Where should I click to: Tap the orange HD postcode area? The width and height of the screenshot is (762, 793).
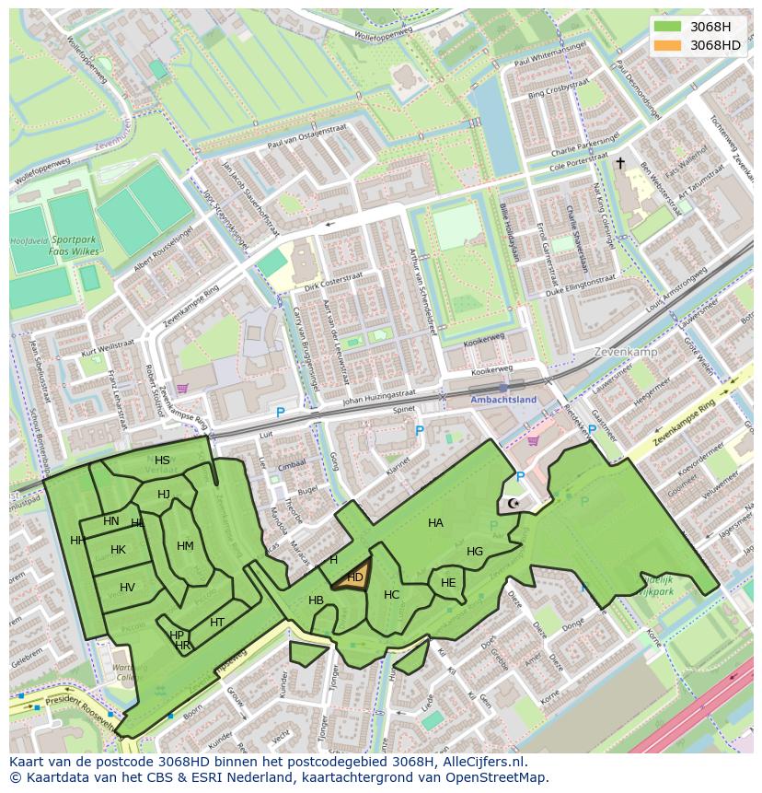[x=353, y=577]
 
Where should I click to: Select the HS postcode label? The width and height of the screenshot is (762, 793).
[x=162, y=461]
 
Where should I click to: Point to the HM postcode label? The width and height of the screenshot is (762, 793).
[x=185, y=546]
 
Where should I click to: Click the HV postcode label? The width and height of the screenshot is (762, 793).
[x=127, y=588]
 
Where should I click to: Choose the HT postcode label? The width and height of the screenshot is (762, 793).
[x=217, y=623]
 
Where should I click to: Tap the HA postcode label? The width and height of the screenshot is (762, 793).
[x=435, y=523]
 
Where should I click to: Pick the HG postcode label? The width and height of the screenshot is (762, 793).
[x=475, y=552]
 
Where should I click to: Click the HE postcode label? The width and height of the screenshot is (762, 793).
[x=448, y=583]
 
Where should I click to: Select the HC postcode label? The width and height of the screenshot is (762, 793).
[x=391, y=595]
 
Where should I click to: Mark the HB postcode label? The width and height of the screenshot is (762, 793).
[x=316, y=601]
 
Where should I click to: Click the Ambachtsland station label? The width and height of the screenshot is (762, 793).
[x=502, y=400]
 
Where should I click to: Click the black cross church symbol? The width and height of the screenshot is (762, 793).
[x=620, y=163]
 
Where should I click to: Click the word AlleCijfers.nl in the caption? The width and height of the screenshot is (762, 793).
[x=482, y=762]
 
